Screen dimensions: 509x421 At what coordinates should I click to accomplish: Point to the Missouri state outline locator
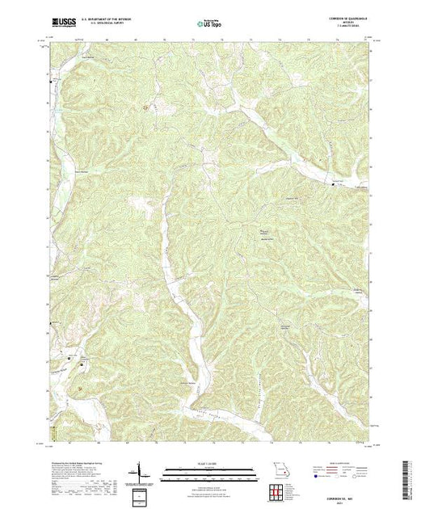coord(276,470)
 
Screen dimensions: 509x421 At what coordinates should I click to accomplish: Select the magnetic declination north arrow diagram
coord(142,471)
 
